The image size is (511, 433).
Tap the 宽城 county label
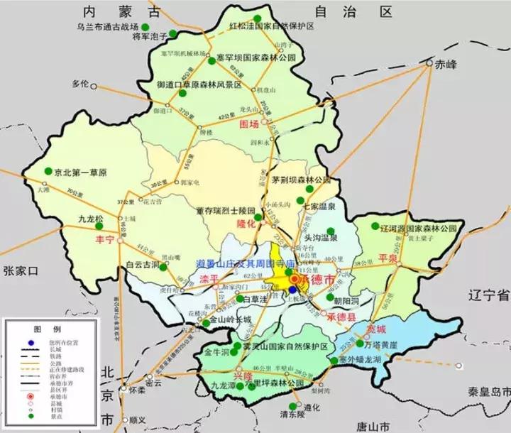378,329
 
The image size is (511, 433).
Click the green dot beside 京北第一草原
48,171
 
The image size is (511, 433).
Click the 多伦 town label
83,84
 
